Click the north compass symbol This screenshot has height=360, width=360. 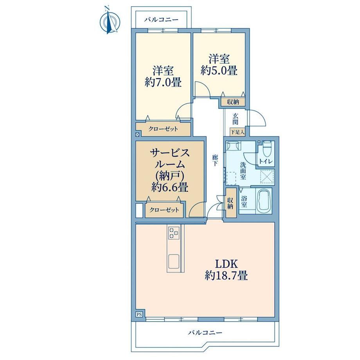point(110,21)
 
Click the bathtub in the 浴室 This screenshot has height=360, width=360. point(264,201)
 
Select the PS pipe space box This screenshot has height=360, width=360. point(139,314)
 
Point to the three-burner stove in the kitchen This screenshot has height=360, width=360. point(174,233)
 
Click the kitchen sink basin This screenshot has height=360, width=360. point(174,261)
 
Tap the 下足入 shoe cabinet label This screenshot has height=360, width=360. point(238,132)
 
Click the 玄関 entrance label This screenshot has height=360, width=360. point(235,119)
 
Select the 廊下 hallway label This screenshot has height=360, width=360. point(215,160)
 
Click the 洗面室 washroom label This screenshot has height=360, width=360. point(243,171)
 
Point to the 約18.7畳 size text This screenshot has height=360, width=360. point(226,275)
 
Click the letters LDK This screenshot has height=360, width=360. point(226,264)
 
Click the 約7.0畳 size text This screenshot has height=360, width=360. point(163,82)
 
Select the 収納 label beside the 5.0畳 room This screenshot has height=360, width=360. point(233,102)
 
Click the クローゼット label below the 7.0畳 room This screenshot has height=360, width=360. point(163,129)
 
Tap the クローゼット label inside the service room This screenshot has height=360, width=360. point(164,210)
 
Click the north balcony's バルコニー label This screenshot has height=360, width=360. point(161,20)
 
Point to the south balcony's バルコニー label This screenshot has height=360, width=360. point(205,333)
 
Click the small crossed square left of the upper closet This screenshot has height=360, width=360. point(137,135)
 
